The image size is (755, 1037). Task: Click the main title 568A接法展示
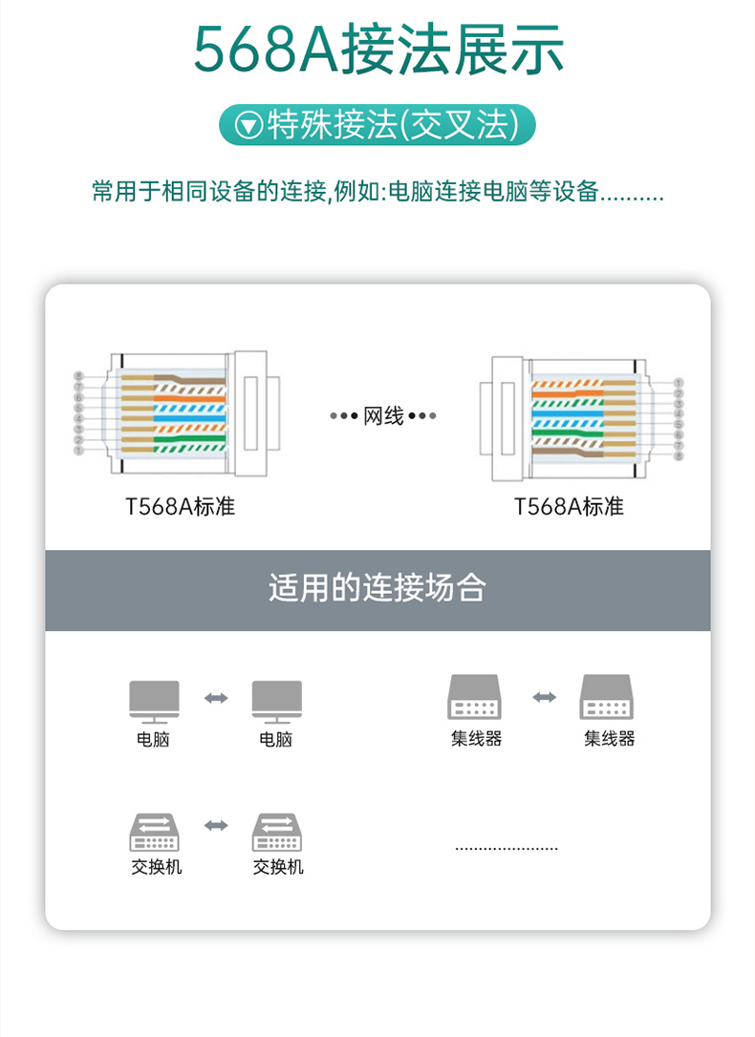point(378,50)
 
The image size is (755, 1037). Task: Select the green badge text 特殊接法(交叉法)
point(392,125)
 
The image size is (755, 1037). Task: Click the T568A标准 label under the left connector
point(180,507)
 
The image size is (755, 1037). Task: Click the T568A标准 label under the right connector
point(569,507)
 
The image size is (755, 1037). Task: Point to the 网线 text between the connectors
point(383,416)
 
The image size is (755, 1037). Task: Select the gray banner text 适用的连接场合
point(377,588)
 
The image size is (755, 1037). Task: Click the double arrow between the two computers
point(216,699)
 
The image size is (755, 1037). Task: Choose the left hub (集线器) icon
point(475,697)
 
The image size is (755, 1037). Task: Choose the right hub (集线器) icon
point(608,697)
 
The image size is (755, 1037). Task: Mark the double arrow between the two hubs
point(544,698)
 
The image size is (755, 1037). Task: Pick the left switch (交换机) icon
point(155,831)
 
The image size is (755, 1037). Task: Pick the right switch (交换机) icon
point(277,831)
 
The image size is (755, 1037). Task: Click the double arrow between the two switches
point(216,825)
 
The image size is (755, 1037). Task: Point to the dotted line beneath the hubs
point(506,848)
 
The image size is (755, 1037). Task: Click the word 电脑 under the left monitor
point(153,739)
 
